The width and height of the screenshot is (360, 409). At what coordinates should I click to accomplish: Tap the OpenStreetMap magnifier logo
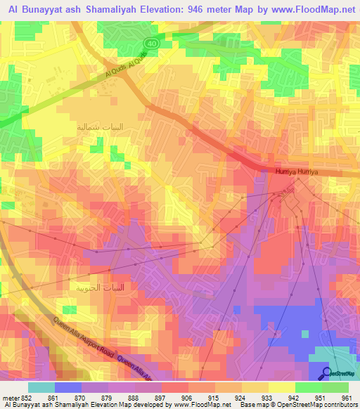click(x=327, y=372)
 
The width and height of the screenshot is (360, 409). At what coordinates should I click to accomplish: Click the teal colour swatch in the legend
click(x=41, y=387)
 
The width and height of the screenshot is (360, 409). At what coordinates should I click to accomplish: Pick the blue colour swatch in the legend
click(x=67, y=387)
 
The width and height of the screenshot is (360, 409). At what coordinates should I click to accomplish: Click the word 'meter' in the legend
click(x=11, y=398)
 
